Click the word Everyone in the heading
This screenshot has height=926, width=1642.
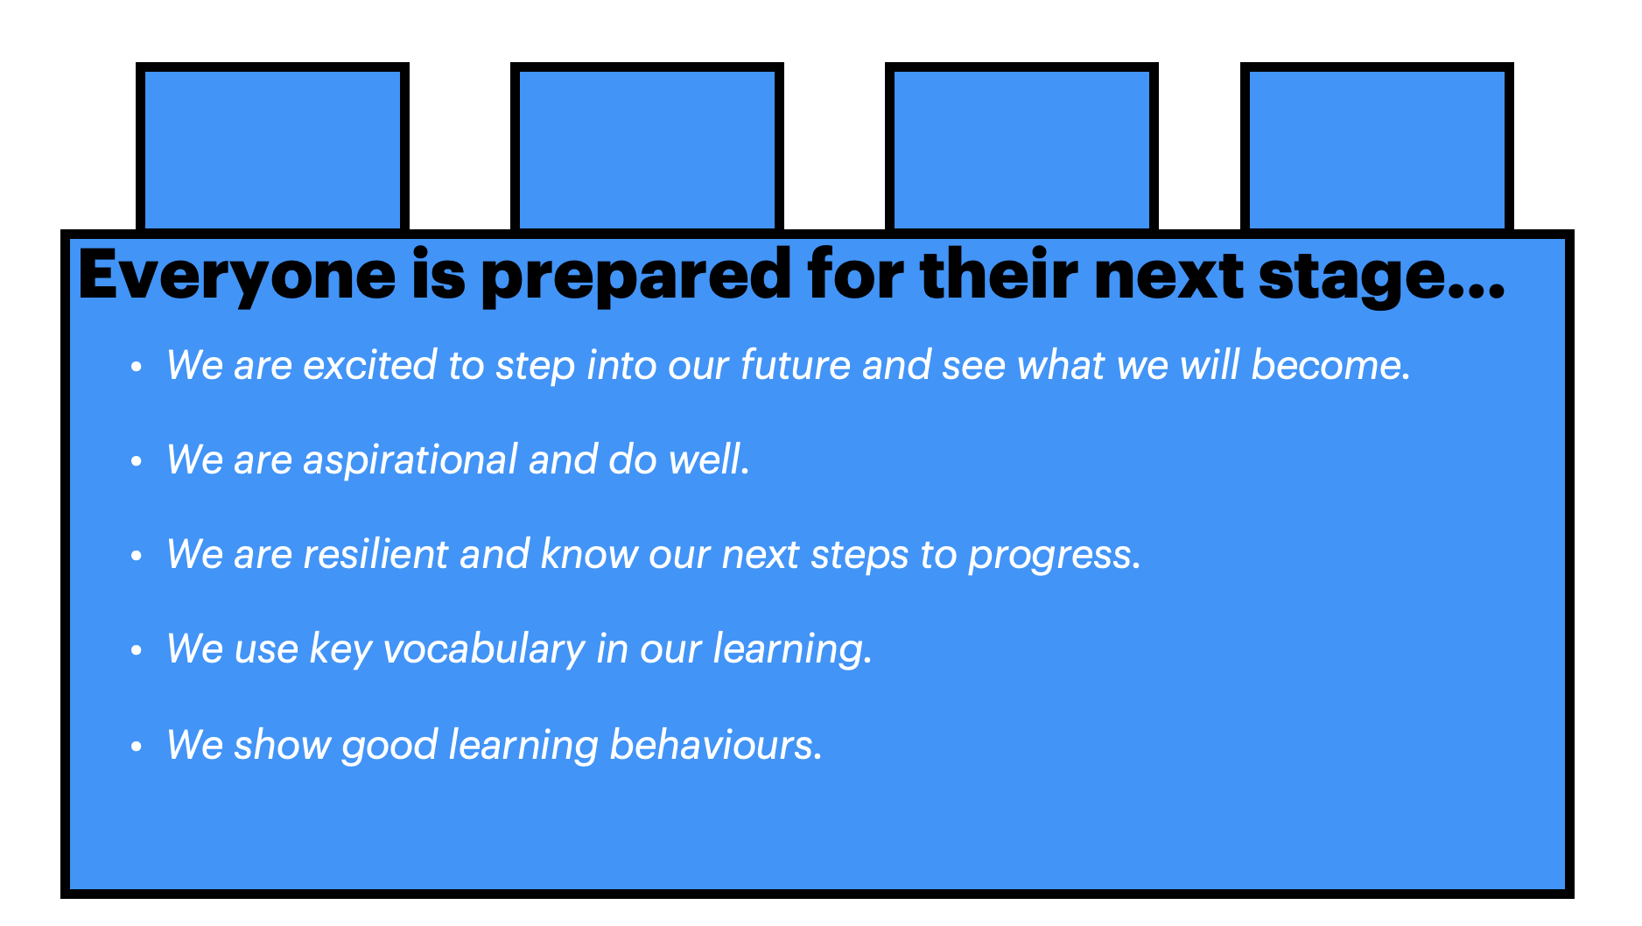237,277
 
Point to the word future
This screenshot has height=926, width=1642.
796,365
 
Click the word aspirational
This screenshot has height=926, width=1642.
410,460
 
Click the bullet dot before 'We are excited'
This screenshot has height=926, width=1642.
136,367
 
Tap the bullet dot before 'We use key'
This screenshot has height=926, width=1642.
136,650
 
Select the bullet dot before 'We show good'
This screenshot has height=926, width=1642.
136,747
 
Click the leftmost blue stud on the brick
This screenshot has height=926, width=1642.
272,147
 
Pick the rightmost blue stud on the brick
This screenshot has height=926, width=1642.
1377,147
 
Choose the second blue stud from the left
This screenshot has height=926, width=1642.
647,147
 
